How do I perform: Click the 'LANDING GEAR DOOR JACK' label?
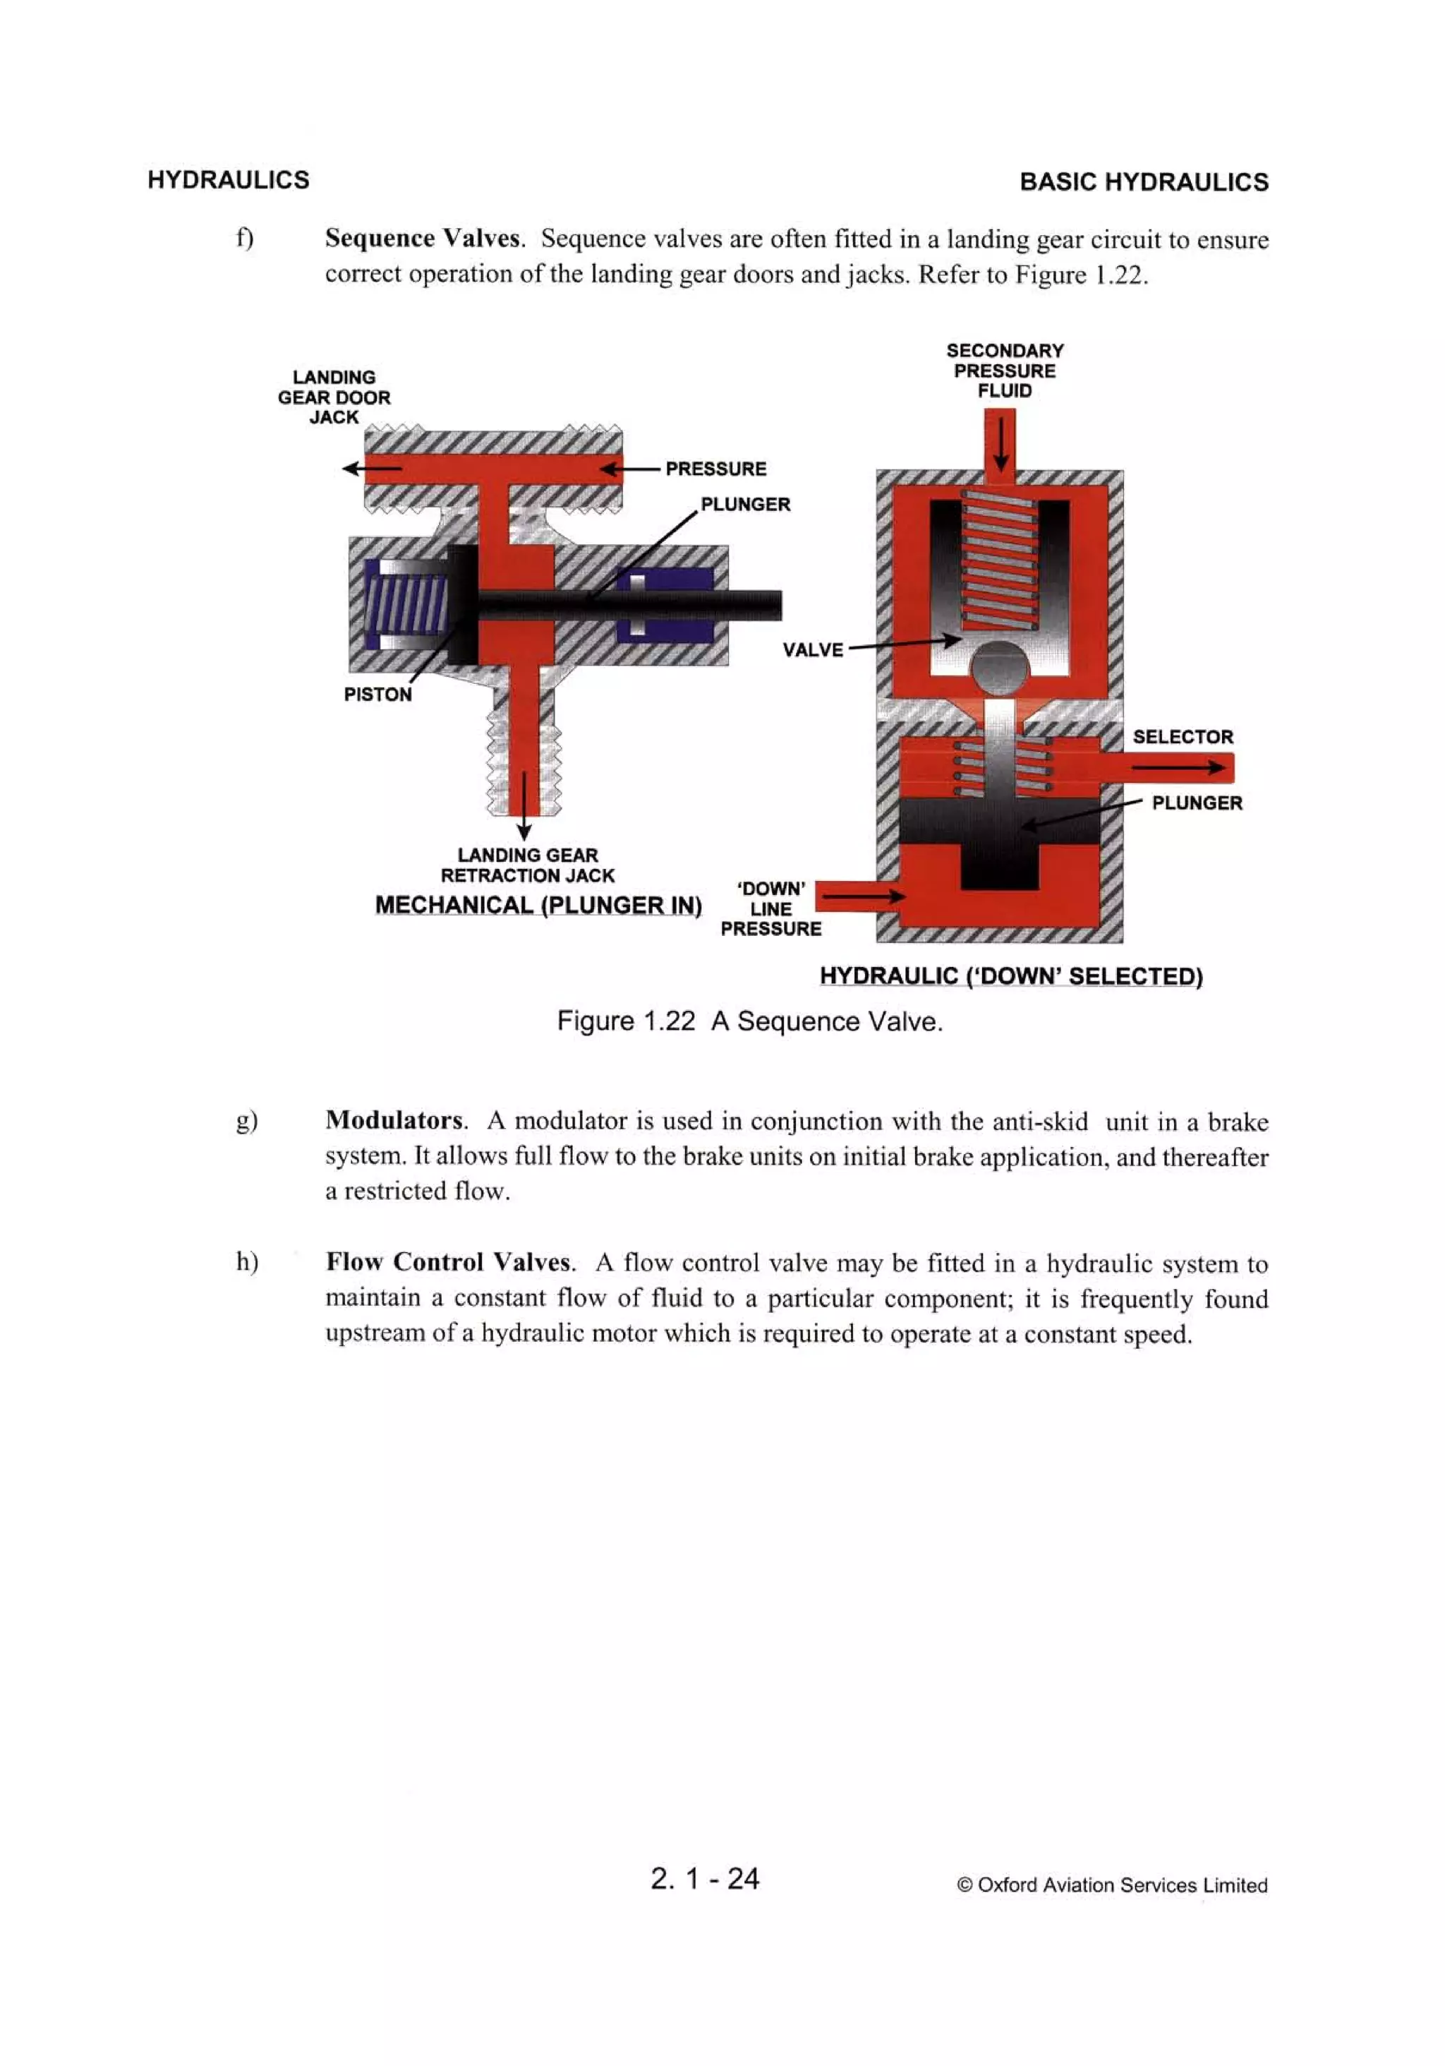pos(333,397)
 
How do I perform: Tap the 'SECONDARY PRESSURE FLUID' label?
pos(1004,371)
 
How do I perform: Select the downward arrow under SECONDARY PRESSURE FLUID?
pos(1000,445)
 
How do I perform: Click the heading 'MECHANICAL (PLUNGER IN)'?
pos(538,905)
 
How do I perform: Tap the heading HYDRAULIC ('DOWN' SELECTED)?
pos(1010,976)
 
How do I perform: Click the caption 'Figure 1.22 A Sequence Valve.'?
pos(749,1021)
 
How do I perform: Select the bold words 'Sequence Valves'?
pos(423,239)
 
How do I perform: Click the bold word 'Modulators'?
pos(395,1120)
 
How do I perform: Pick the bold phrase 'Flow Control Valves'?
pos(449,1263)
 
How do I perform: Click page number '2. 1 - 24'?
pos(704,1878)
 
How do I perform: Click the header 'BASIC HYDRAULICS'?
pos(1143,182)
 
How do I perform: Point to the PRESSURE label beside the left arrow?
pos(715,469)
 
